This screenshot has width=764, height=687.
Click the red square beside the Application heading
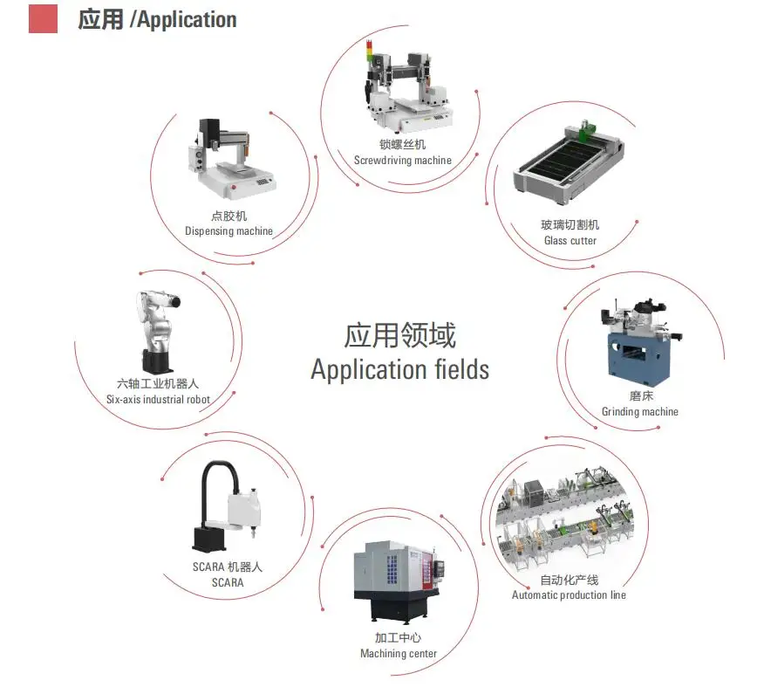pyautogui.click(x=43, y=18)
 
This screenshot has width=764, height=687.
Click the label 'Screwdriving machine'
pyautogui.click(x=403, y=161)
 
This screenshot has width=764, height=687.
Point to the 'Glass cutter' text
pyautogui.click(x=570, y=241)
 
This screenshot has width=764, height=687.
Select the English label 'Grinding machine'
pyautogui.click(x=639, y=412)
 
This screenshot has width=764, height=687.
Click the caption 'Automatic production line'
pyautogui.click(x=569, y=595)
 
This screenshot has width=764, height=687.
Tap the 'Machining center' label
pyautogui.click(x=399, y=654)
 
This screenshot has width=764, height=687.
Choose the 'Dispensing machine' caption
pyautogui.click(x=229, y=231)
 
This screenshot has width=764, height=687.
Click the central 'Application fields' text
pyautogui.click(x=399, y=369)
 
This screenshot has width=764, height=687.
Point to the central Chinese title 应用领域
pyautogui.click(x=399, y=335)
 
